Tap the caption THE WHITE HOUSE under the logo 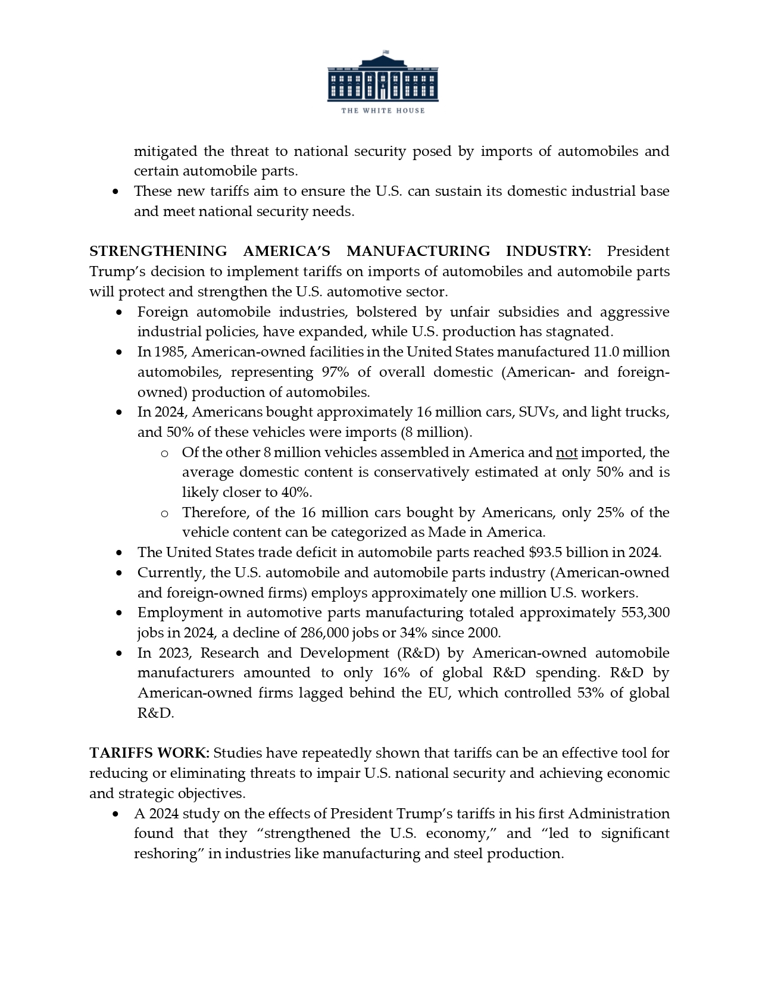pyautogui.click(x=382, y=111)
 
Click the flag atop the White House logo pyautogui.click(x=385, y=52)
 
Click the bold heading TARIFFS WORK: pyautogui.click(x=149, y=753)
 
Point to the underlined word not pyautogui.click(x=567, y=452)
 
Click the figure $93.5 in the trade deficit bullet pyautogui.click(x=545, y=552)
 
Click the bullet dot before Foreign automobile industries pyautogui.click(x=121, y=312)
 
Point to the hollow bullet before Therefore pyautogui.click(x=164, y=513)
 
